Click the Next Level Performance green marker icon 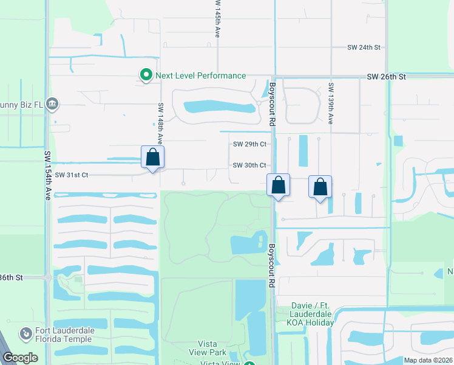146,75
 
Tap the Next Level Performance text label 200,75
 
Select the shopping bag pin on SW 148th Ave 153,157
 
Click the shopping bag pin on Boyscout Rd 278,185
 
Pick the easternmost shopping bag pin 320,187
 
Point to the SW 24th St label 364,47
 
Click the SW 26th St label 386,77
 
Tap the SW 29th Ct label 249,144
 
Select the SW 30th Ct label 249,165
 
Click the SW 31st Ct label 72,175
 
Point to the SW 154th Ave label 48,177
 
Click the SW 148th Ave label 160,122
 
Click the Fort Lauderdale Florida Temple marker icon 25,334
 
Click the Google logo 21,358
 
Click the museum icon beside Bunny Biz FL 53,104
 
